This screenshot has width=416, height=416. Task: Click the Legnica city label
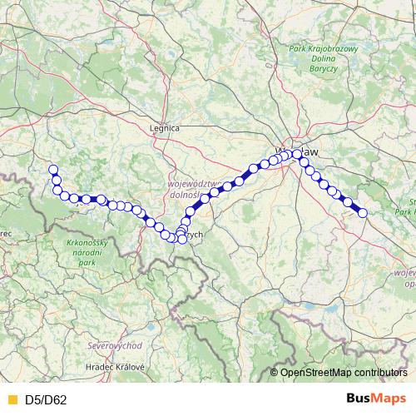164,128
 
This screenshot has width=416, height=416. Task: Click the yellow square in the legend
11,399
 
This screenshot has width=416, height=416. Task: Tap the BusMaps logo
374,399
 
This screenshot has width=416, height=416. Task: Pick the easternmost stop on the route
363,213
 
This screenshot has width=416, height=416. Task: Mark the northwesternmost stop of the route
53,170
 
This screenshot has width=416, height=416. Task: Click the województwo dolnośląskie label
192,190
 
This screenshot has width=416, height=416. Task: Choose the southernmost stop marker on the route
182,240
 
